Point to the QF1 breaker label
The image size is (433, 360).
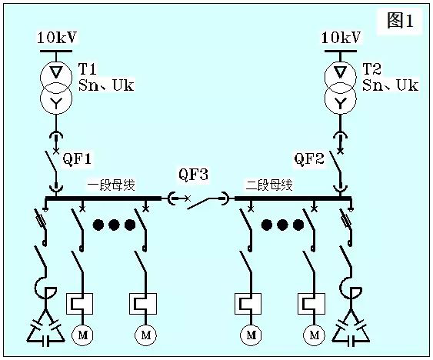[78, 159]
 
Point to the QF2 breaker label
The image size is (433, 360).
[309, 159]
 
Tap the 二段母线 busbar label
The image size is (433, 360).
[269, 185]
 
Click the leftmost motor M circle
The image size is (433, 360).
[82, 335]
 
